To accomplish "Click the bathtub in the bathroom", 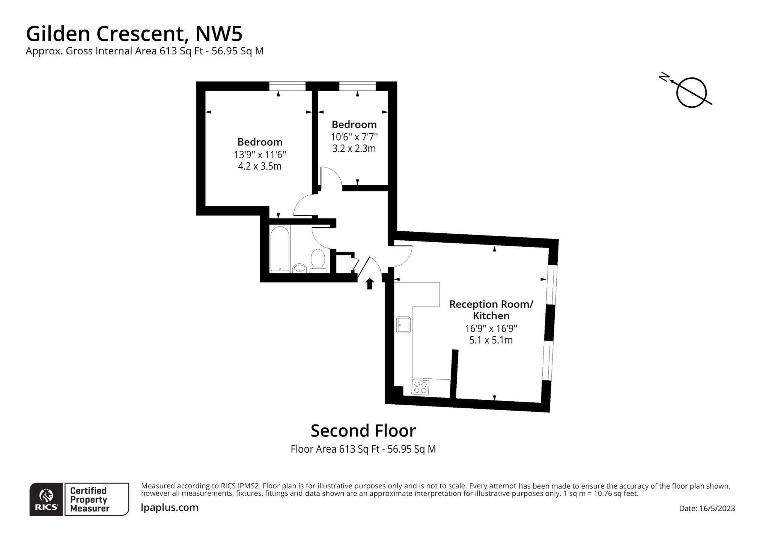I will [280, 248].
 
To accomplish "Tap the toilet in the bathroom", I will [318, 259].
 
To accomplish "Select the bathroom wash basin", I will [299, 267].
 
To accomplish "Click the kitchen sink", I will [403, 324].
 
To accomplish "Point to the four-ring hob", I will [420, 387].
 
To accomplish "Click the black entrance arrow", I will [370, 283].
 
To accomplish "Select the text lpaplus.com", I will [169, 507].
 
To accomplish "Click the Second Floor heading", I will [363, 430].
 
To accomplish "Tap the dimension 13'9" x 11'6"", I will [260, 154].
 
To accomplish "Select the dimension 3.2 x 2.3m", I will [354, 148].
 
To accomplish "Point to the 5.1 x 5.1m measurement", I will [491, 340].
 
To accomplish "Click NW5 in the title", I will [219, 34].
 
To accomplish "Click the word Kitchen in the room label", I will [491, 316].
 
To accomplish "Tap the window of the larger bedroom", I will [287, 86].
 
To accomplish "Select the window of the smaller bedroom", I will [357, 86].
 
